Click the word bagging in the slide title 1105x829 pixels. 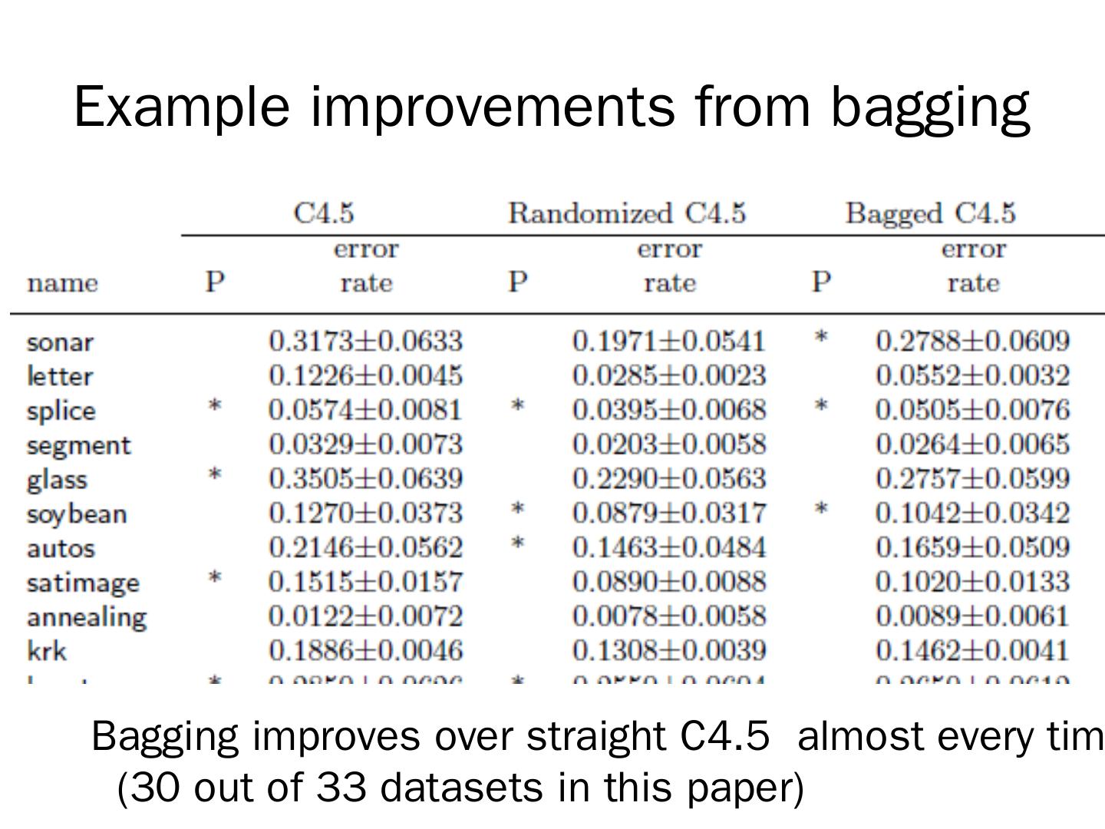(x=930, y=107)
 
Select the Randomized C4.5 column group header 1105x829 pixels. (x=626, y=213)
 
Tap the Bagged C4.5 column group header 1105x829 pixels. (x=930, y=213)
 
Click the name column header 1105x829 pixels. (x=62, y=283)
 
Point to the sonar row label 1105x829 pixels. (x=60, y=342)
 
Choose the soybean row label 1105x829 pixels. (x=76, y=514)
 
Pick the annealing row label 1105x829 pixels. (x=86, y=617)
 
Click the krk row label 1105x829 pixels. (x=47, y=652)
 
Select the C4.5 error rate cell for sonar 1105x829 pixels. (x=365, y=341)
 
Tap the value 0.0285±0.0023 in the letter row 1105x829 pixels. (x=668, y=375)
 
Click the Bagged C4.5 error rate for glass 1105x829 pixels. (x=971, y=478)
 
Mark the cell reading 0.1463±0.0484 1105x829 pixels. (x=668, y=547)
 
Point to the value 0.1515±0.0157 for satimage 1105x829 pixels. (x=365, y=582)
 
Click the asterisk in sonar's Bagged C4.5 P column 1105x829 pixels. (x=821, y=337)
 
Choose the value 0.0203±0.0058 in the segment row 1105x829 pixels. (x=668, y=444)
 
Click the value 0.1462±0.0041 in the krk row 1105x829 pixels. (x=971, y=651)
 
